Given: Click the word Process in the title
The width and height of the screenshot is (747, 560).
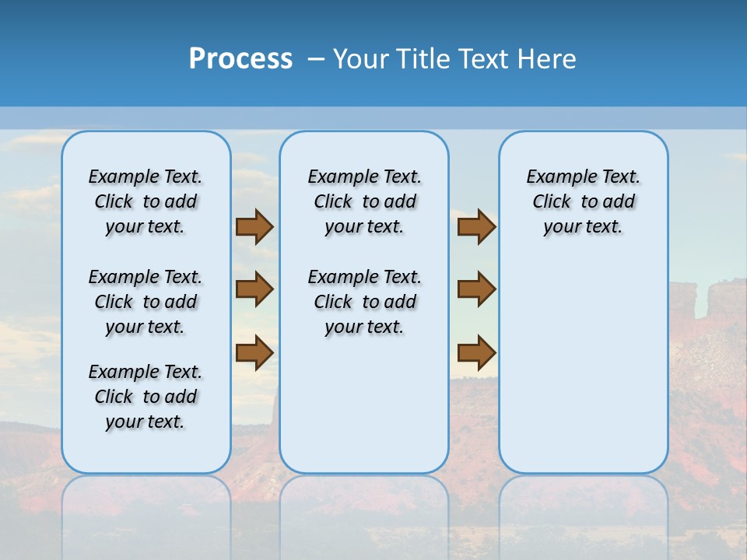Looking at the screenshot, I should tap(240, 59).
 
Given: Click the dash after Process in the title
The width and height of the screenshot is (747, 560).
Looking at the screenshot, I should tap(316, 60).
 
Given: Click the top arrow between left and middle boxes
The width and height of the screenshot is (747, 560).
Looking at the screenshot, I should tap(254, 227).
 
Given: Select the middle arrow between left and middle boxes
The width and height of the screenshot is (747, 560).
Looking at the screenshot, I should tap(254, 289).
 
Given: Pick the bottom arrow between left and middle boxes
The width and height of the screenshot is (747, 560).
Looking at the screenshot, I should tap(254, 352).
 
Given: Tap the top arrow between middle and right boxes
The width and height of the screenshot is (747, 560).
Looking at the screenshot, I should tap(476, 227).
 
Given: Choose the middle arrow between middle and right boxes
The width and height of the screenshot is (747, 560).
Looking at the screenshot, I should tap(476, 289).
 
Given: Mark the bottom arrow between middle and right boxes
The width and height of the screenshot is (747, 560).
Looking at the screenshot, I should tap(476, 352).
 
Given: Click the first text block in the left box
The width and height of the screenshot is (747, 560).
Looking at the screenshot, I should tap(146, 201).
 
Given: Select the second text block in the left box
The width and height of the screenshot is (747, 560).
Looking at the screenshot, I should tap(146, 302).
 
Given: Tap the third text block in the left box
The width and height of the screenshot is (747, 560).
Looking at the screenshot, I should tap(146, 397).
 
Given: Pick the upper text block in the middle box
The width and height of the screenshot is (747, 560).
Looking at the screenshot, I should tap(364, 201).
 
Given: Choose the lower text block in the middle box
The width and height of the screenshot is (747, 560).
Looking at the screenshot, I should tap(364, 302).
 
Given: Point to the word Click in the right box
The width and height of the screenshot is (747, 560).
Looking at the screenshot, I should tap(552, 202).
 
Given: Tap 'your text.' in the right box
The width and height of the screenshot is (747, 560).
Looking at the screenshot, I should tap(583, 227).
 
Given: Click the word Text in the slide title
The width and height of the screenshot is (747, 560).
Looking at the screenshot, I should tap(479, 59).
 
